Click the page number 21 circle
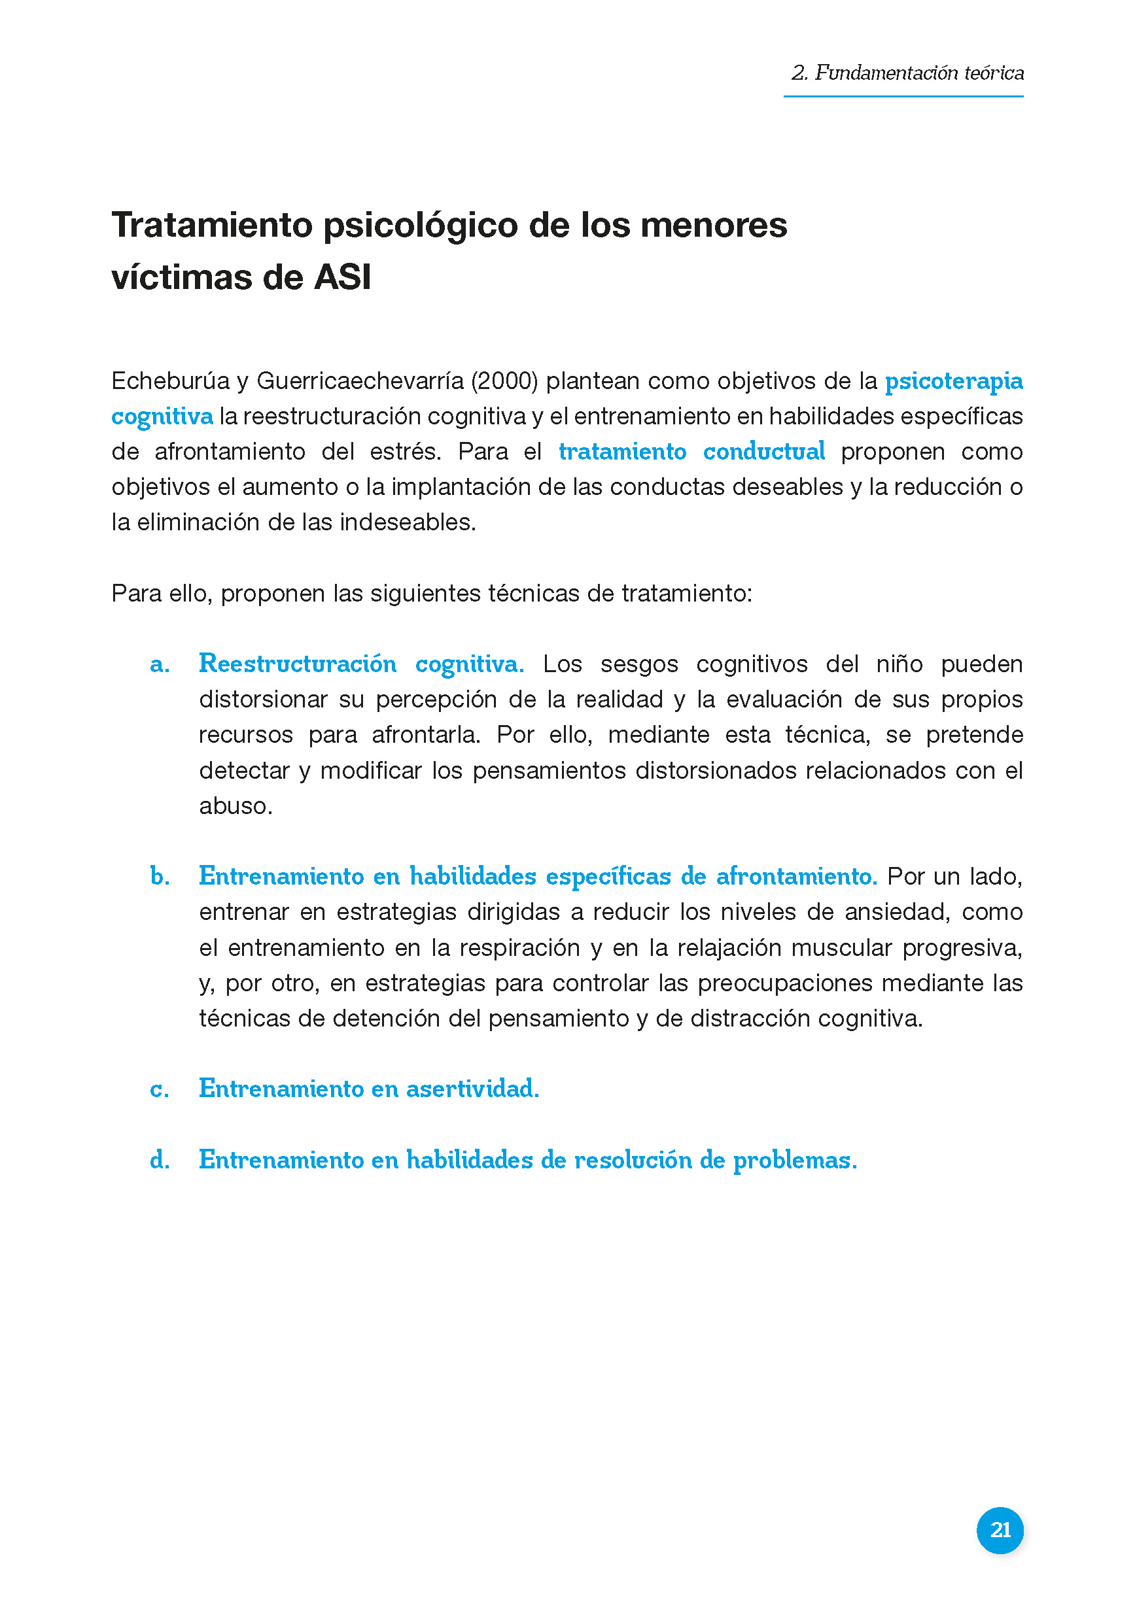[x=1000, y=1529]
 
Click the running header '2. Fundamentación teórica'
[x=907, y=73]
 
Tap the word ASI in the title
[x=342, y=277]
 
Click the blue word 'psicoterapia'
[x=953, y=381]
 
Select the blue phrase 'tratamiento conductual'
[x=691, y=452]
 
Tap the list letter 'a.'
[x=160, y=664]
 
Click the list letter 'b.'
[x=160, y=877]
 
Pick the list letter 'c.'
[x=160, y=1089]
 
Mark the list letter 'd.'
[x=160, y=1160]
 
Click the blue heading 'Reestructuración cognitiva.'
[x=361, y=664]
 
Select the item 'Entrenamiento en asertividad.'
[x=369, y=1089]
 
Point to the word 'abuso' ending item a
[x=234, y=806]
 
